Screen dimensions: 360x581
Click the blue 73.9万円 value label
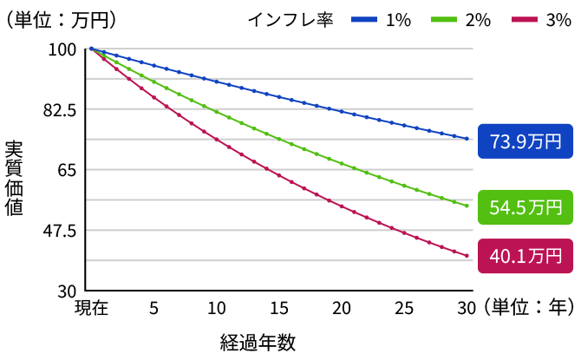(x=526, y=141)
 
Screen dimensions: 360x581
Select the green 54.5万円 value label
(x=526, y=207)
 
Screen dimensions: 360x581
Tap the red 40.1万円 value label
(x=526, y=255)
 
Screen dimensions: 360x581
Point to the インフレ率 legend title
(x=290, y=20)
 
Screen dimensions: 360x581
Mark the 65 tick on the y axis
(x=69, y=170)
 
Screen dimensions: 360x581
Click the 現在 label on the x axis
(x=91, y=308)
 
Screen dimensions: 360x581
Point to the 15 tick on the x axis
(x=278, y=308)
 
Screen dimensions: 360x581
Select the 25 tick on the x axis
(x=403, y=308)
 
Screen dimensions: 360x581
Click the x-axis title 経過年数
(x=258, y=342)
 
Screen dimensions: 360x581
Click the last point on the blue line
(x=467, y=139)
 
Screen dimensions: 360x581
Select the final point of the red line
(x=467, y=256)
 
